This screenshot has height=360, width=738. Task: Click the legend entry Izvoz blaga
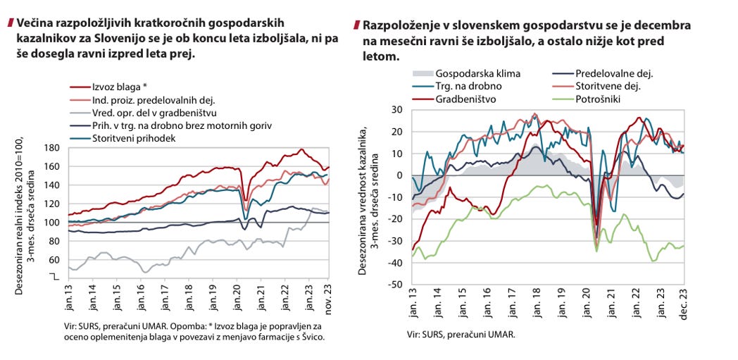click(117, 87)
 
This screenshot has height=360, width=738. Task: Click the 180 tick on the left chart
click(51, 148)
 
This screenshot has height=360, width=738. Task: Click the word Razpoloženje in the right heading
click(402, 25)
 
